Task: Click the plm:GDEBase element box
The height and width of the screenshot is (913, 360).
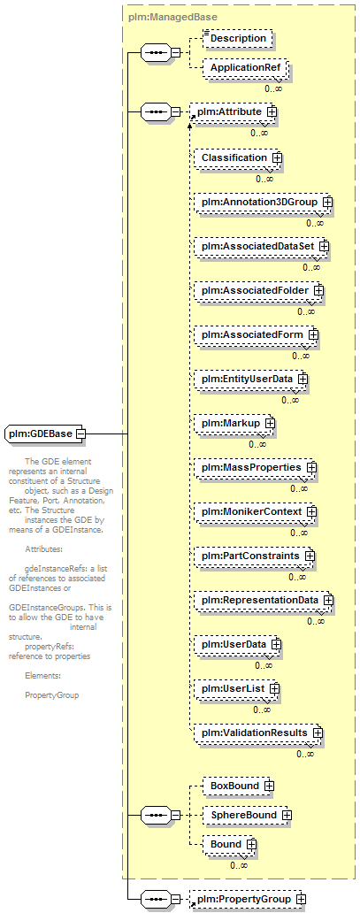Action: click(45, 433)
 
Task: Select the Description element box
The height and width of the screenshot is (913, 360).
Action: click(237, 39)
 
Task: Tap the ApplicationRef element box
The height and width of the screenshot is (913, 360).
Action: click(243, 68)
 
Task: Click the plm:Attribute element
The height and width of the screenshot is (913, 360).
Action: click(233, 112)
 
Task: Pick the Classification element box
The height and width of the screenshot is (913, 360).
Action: click(238, 157)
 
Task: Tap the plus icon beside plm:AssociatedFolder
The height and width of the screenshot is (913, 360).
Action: click(318, 290)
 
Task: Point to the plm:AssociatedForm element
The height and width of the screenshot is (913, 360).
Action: click(257, 334)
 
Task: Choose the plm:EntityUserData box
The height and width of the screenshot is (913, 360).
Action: click(251, 379)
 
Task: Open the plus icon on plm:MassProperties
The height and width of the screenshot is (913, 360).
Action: click(311, 467)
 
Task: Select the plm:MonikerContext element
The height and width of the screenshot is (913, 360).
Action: click(256, 512)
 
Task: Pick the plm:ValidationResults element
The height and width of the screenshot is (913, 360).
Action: click(258, 733)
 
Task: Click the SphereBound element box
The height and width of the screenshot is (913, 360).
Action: click(247, 816)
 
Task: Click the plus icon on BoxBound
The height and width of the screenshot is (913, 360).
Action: click(269, 786)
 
